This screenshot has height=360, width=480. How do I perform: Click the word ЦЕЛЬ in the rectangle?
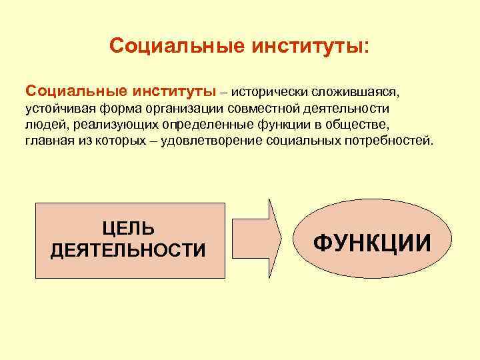click(129, 229)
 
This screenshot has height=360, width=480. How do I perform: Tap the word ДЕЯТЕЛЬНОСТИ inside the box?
click(129, 250)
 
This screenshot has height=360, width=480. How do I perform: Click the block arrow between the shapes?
click(257, 239)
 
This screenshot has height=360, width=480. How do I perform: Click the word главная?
click(49, 141)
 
